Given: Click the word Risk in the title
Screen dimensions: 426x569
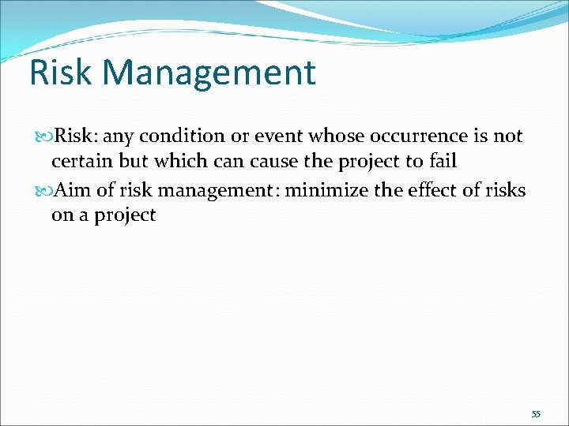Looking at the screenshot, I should pyautogui.click(x=62, y=73).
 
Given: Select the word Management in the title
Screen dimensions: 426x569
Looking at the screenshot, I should pyautogui.click(x=209, y=73).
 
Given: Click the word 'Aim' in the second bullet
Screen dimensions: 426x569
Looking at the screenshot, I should pyautogui.click(x=71, y=190).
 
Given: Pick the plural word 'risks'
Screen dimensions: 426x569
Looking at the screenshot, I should pyautogui.click(x=506, y=190).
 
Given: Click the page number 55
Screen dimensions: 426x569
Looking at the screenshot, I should pyautogui.click(x=536, y=413).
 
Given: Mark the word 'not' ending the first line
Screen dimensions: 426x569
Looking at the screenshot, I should pyautogui.click(x=508, y=136).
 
